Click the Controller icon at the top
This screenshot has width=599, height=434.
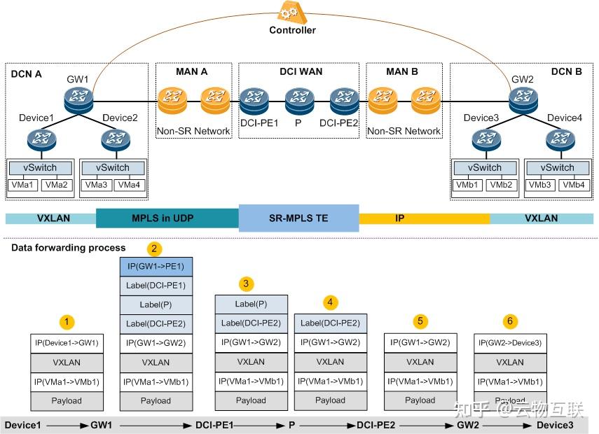tap(292, 12)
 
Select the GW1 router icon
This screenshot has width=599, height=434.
tap(78, 99)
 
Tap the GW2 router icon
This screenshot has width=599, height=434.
tap(522, 99)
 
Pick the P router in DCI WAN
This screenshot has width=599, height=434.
tap(298, 100)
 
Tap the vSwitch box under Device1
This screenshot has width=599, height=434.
tap(39, 168)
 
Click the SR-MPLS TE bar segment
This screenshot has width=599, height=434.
tap(298, 218)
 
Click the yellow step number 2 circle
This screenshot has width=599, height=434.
tap(155, 248)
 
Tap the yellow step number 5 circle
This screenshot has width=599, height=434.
tap(420, 321)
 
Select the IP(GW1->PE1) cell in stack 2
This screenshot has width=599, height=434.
tap(156, 267)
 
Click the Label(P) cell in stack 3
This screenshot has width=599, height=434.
tap(251, 304)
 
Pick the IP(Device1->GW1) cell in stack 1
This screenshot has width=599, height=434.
tap(67, 343)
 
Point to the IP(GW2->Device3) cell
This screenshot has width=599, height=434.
tap(510, 343)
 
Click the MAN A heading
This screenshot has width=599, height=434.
tap(191, 71)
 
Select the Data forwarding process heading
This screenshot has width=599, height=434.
tap(69, 247)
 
